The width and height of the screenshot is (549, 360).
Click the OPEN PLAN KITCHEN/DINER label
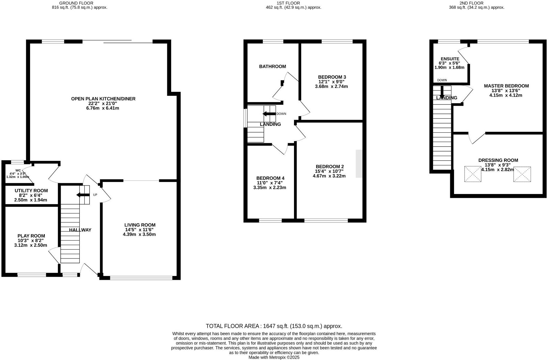pyautogui.click(x=103, y=99)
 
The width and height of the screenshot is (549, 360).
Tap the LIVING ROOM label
pyautogui.click(x=140, y=225)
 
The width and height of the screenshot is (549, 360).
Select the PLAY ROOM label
pyautogui.click(x=31, y=236)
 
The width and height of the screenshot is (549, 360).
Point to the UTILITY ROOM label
pyautogui.click(x=31, y=191)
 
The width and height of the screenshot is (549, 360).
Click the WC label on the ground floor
pyautogui.click(x=18, y=171)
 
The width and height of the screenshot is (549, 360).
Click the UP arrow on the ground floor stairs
pyautogui.click(x=83, y=195)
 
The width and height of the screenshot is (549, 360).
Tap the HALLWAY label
pyautogui.click(x=80, y=230)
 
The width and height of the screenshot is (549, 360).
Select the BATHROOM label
pyautogui.click(x=272, y=66)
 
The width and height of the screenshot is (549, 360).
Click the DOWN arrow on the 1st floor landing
pyautogui.click(x=269, y=114)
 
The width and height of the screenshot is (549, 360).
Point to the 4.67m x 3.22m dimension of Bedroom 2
pyautogui.click(x=329, y=176)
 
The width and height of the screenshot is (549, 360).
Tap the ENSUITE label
pyautogui.click(x=450, y=59)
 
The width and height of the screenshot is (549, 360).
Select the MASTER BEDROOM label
pyautogui.click(x=506, y=86)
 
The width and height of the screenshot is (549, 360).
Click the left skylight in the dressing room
pyautogui.click(x=473, y=174)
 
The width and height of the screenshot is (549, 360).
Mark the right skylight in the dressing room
pyautogui.click(x=522, y=174)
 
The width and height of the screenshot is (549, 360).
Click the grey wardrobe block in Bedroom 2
pyautogui.click(x=359, y=164)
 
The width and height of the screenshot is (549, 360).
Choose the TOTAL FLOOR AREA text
pyautogui.click(x=274, y=326)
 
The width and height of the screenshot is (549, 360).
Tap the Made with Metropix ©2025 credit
pyautogui.click(x=274, y=357)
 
